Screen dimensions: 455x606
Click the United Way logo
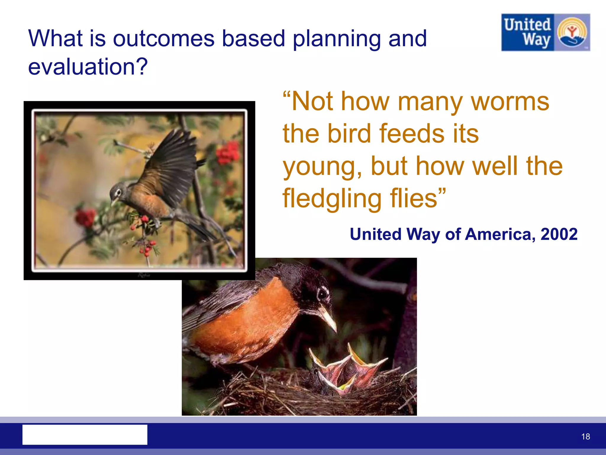[545, 32]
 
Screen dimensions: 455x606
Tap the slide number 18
[585, 436]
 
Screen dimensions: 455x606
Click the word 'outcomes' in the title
[163, 39]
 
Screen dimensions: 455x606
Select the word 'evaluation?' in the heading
[88, 67]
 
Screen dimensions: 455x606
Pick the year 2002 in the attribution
[559, 234]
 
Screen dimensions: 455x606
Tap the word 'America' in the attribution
[500, 234]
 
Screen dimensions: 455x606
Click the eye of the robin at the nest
[323, 293]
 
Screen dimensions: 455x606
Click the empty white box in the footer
[85, 435]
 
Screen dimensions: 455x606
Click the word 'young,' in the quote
[322, 166]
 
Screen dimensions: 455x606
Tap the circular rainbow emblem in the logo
[572, 33]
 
